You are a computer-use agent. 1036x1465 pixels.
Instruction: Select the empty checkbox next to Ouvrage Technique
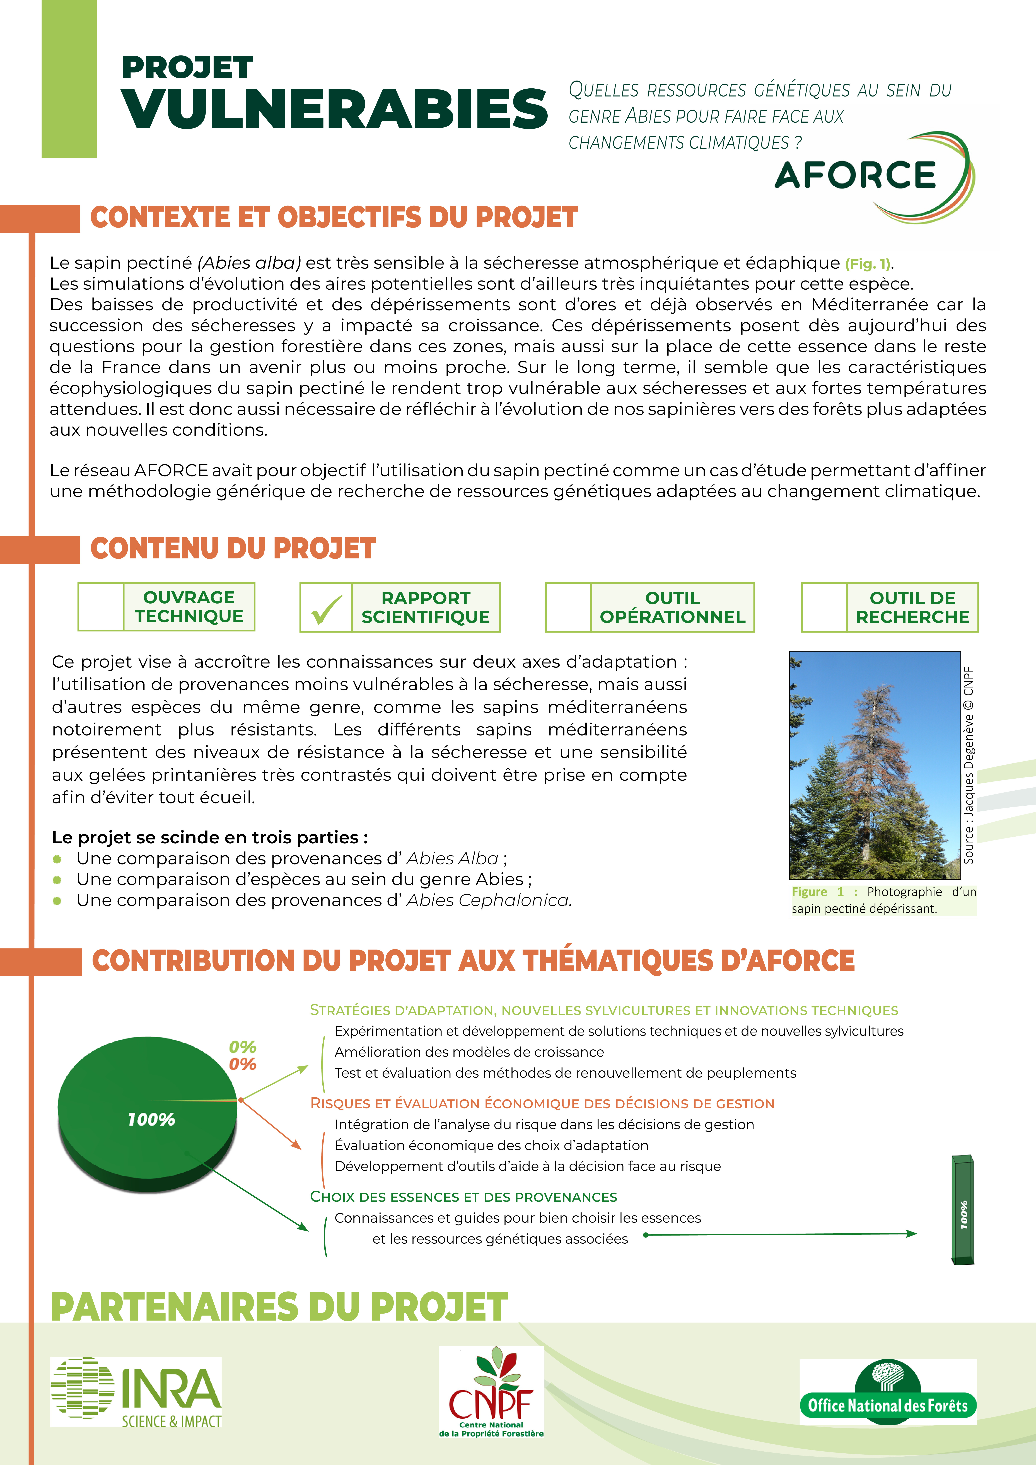coord(101,607)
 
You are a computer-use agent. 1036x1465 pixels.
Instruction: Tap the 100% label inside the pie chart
coord(151,1119)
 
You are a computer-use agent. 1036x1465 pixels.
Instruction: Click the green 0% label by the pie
coord(243,1047)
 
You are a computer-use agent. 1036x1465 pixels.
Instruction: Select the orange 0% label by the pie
coord(243,1064)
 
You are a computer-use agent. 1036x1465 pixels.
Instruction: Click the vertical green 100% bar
coord(963,1209)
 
